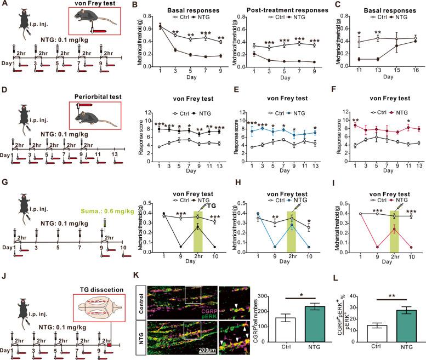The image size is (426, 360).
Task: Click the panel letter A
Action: pos(5,6)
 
